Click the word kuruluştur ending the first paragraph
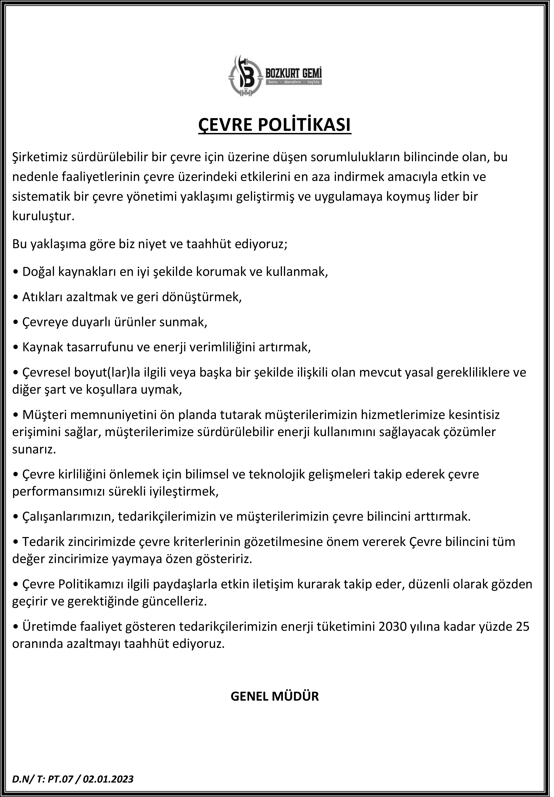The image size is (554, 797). click(43, 217)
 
